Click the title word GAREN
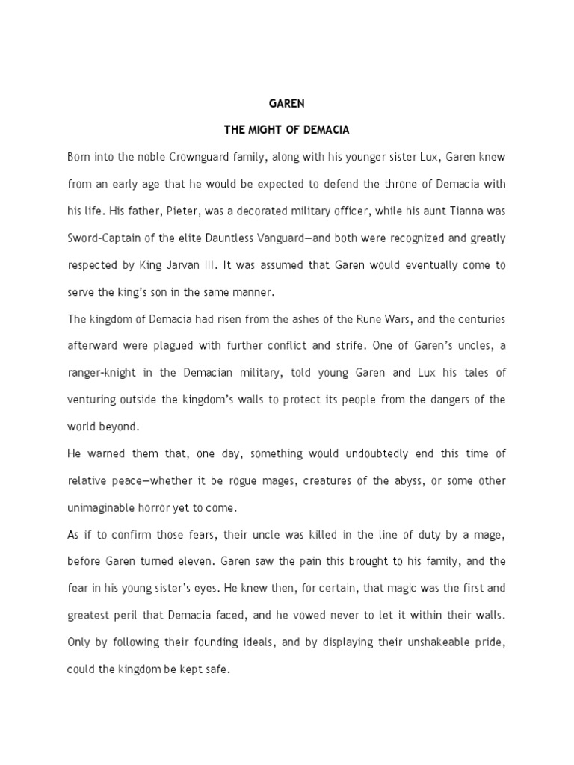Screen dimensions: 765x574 287,104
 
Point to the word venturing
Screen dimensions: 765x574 91,400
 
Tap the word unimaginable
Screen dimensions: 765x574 102,507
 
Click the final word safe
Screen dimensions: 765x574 218,669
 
